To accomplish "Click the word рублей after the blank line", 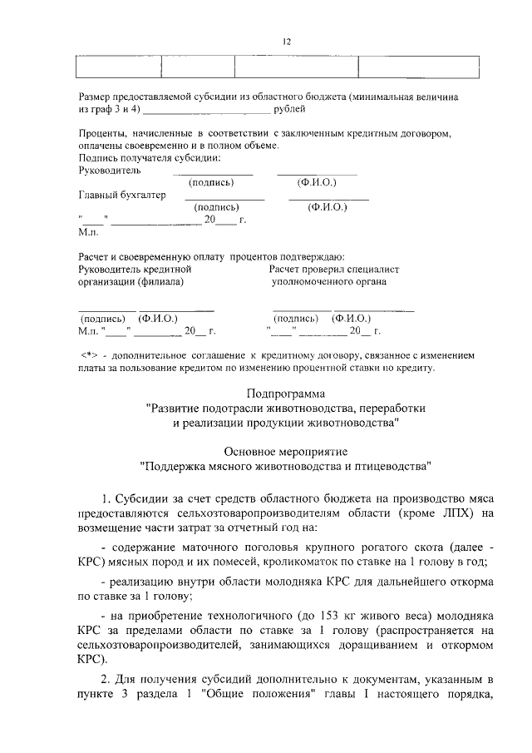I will tap(290, 109).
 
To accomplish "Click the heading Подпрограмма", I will tap(286, 393).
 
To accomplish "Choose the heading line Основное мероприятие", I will tap(286, 450).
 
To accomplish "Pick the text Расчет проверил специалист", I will tap(334, 269).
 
